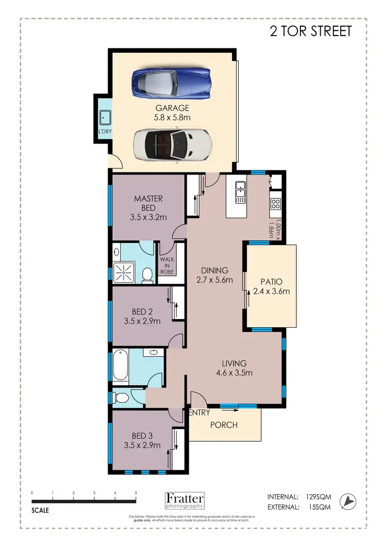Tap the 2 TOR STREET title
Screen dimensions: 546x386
pos(311,31)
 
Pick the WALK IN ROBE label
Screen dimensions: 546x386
pos(166,266)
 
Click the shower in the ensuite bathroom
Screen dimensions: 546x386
pos(124,271)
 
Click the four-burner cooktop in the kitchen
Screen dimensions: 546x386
pos(275,203)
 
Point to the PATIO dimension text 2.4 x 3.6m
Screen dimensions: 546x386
pos(271,292)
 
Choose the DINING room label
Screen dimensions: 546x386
pos(214,271)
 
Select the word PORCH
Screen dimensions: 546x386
pos(224,425)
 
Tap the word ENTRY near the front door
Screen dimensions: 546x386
pos(199,413)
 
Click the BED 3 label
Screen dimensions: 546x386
pos(142,435)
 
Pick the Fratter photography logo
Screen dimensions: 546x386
pos(185,500)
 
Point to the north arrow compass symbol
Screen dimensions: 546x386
pos(350,500)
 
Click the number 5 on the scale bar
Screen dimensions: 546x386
pos(136,493)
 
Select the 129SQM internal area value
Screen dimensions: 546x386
pos(319,497)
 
